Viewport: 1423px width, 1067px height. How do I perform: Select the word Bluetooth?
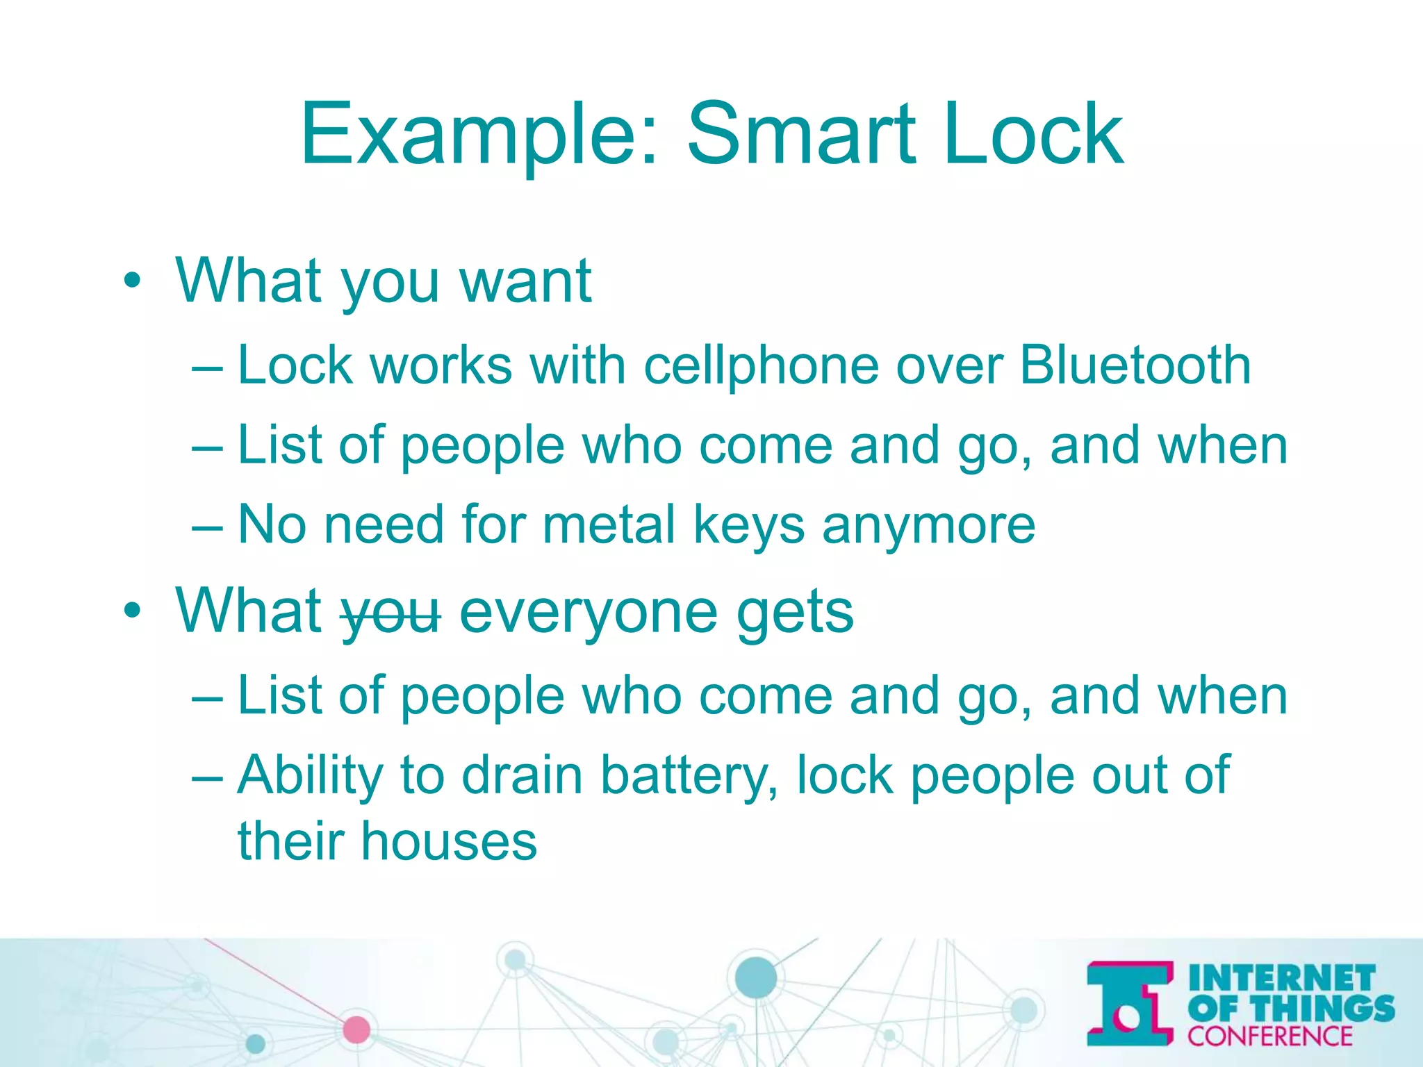(1135, 365)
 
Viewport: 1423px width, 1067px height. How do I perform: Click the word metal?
(609, 525)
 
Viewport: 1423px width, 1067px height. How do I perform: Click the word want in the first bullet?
(525, 281)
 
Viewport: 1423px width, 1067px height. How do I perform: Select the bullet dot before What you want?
(131, 281)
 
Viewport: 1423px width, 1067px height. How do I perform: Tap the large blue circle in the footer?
(755, 977)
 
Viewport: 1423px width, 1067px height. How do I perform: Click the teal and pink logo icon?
(1130, 1004)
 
